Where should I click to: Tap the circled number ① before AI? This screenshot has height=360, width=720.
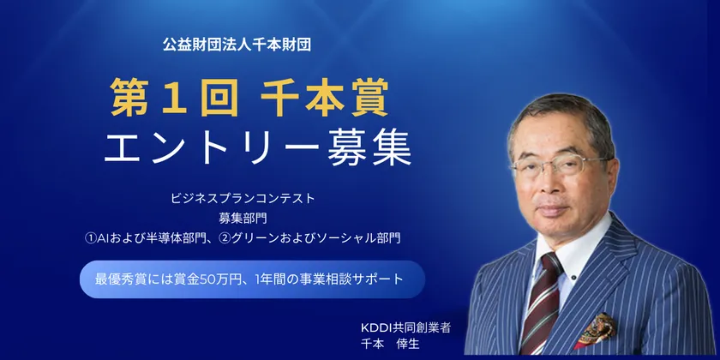[x=91, y=235]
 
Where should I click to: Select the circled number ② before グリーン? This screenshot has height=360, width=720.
[x=243, y=235]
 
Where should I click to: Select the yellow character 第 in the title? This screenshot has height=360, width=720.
[x=129, y=99]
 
